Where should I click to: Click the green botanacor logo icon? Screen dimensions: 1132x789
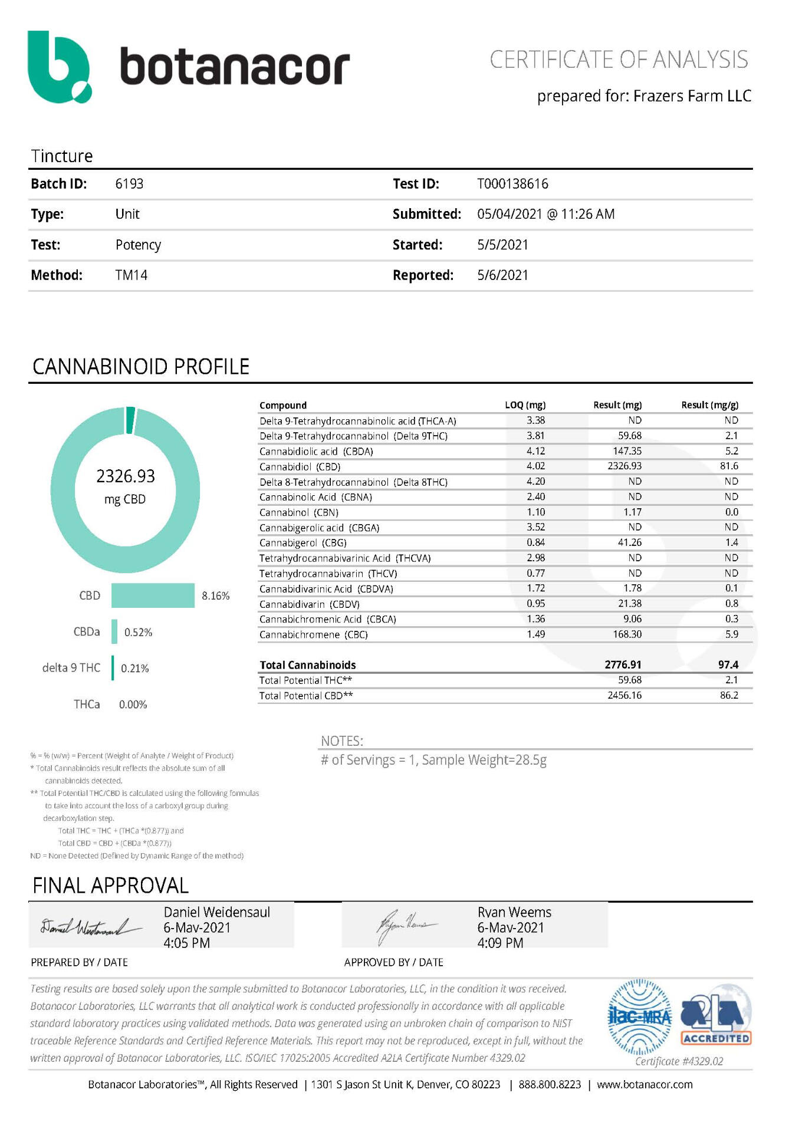(59, 67)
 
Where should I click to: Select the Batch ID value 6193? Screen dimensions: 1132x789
(129, 184)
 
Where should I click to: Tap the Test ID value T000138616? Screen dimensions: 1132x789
(512, 184)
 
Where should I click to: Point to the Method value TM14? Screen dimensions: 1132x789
(131, 275)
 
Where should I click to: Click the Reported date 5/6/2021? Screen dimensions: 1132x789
(502, 275)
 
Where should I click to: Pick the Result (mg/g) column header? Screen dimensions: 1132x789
(709, 405)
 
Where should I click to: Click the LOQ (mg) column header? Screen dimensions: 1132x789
(525, 405)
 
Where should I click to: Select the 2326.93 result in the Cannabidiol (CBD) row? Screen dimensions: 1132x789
(624, 466)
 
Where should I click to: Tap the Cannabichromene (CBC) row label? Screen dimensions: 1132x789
(313, 634)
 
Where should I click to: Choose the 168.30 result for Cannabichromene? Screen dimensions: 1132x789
(627, 634)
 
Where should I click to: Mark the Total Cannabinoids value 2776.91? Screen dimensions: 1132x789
(623, 664)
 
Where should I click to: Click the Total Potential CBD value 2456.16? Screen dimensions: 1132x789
(624, 695)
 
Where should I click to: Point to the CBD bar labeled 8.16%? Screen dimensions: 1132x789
(153, 595)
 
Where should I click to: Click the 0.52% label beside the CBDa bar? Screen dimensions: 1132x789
(138, 632)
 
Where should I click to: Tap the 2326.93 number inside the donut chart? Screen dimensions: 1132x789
(126, 476)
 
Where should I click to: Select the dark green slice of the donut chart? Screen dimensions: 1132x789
(130, 419)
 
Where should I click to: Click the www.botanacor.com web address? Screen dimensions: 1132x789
(645, 1084)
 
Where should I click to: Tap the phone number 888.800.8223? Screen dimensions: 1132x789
(550, 1084)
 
